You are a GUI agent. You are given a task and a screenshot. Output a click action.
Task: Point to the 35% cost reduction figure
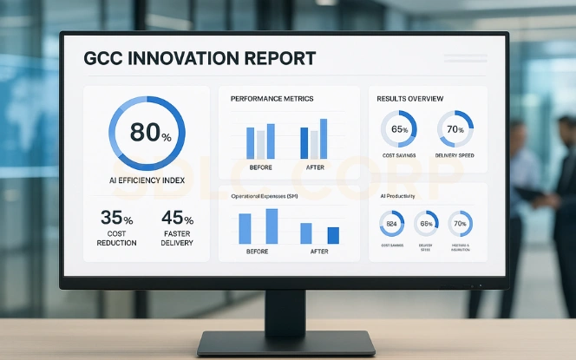point(116,218)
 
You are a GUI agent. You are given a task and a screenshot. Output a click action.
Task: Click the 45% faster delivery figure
point(177,218)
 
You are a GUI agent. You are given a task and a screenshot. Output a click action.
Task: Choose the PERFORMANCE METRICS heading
point(272,99)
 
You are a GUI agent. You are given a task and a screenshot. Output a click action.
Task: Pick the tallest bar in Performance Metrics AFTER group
point(324,138)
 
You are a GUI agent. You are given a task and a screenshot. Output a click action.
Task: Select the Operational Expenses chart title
point(265,196)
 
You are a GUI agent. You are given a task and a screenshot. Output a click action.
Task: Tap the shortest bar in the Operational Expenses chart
point(333,235)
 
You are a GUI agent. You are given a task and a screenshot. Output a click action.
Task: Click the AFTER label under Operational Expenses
point(319,252)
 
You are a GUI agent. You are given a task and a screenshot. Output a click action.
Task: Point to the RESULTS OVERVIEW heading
point(410,99)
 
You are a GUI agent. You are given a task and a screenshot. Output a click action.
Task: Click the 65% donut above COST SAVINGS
point(399,129)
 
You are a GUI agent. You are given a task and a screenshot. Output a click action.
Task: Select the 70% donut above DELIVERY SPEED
point(455,129)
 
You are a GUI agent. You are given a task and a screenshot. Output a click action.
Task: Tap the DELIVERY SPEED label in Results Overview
point(455,155)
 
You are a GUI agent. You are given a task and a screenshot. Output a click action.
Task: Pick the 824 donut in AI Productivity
point(392,224)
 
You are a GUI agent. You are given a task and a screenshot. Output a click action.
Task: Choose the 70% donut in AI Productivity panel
point(460,224)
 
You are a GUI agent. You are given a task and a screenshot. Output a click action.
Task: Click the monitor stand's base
point(287,343)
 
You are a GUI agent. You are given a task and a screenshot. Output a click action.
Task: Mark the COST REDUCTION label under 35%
point(116,238)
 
